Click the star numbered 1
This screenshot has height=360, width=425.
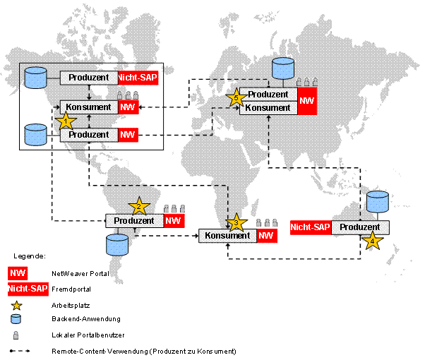[66, 121]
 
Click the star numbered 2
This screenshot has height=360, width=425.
[139, 207]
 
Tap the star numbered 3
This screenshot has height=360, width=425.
[237, 222]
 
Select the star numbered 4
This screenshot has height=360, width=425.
[373, 241]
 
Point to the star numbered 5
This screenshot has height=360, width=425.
[236, 97]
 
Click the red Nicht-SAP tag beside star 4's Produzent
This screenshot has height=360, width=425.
[311, 227]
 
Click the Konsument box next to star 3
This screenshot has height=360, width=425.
[227, 236]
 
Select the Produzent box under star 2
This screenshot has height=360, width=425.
[134, 221]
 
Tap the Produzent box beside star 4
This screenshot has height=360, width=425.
[360, 227]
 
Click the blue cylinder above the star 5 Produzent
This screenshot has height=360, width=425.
[283, 68]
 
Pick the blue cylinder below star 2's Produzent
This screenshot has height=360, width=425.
[117, 245]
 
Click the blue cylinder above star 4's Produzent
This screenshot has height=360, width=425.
[377, 202]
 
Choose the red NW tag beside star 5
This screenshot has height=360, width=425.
[307, 101]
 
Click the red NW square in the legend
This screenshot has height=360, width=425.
[18, 273]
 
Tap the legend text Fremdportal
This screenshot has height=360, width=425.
[71, 289]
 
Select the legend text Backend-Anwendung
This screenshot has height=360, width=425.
[86, 319]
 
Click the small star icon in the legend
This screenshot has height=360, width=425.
[16, 306]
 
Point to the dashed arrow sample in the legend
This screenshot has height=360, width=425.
[20, 351]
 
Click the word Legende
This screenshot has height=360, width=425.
[30, 256]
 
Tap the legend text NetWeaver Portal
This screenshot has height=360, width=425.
[80, 273]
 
